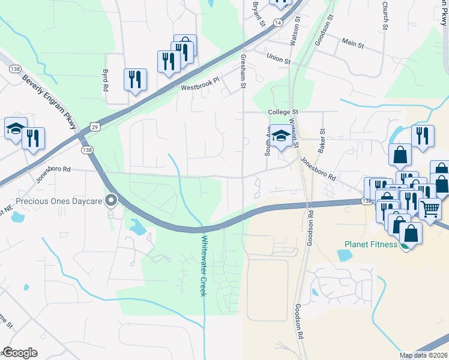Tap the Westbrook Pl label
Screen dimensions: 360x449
coord(201,87)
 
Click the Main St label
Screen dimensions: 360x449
coord(354,43)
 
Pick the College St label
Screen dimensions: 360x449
coord(283,112)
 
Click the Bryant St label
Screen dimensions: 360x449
coord(259,14)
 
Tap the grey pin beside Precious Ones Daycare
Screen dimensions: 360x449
coord(110,200)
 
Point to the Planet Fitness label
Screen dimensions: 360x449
coord(370,244)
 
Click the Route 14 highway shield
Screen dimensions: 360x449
coord(277,22)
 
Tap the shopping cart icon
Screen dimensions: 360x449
coord(429,209)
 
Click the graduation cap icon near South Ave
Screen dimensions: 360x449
coord(280,136)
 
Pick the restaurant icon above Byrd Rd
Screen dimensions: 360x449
coord(135,79)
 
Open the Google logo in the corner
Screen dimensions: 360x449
coord(20,352)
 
